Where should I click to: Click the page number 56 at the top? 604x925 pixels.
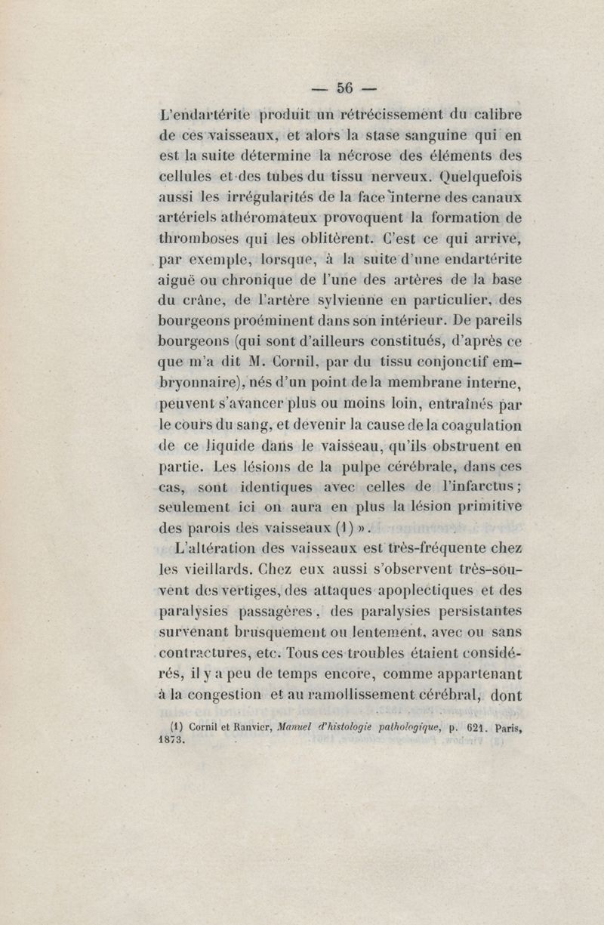[x=345, y=87]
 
